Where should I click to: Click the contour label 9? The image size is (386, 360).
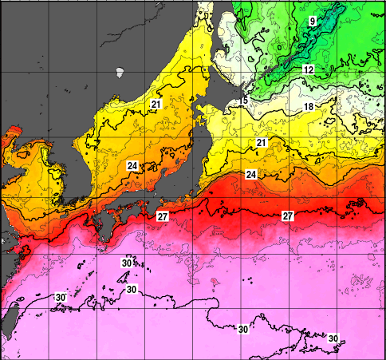tap(313, 20)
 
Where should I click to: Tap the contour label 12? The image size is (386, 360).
tap(308, 70)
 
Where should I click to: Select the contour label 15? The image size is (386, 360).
tap(243, 101)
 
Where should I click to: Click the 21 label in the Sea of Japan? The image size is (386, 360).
tap(156, 105)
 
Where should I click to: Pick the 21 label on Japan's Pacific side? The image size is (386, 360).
tap(261, 143)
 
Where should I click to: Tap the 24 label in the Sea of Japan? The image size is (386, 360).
tap(132, 166)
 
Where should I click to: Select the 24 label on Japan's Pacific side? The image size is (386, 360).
tap(250, 174)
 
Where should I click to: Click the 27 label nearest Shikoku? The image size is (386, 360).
tap(162, 216)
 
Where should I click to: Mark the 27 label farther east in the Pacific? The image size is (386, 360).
tap(287, 216)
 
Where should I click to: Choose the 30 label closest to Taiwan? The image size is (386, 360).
tap(60, 297)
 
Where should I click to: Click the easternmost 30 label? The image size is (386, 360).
tap(333, 338)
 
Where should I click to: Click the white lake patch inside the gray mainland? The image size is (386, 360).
tap(120, 72)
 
